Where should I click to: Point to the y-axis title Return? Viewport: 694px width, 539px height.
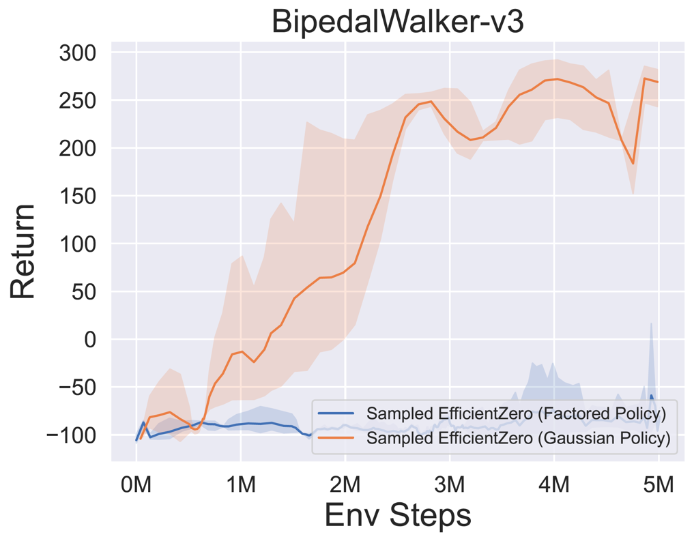tap(23, 251)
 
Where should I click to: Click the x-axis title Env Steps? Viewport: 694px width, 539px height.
tap(398, 515)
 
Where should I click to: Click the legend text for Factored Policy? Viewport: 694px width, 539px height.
tap(516, 413)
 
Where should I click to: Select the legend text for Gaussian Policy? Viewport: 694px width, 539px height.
tap(518, 438)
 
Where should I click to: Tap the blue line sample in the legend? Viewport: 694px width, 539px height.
tap(336, 414)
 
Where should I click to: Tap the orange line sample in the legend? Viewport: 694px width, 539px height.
tap(336, 438)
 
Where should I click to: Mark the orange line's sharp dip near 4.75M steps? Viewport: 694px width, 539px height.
tap(633, 163)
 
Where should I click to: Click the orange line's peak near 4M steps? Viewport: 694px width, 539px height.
tap(557, 78)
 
